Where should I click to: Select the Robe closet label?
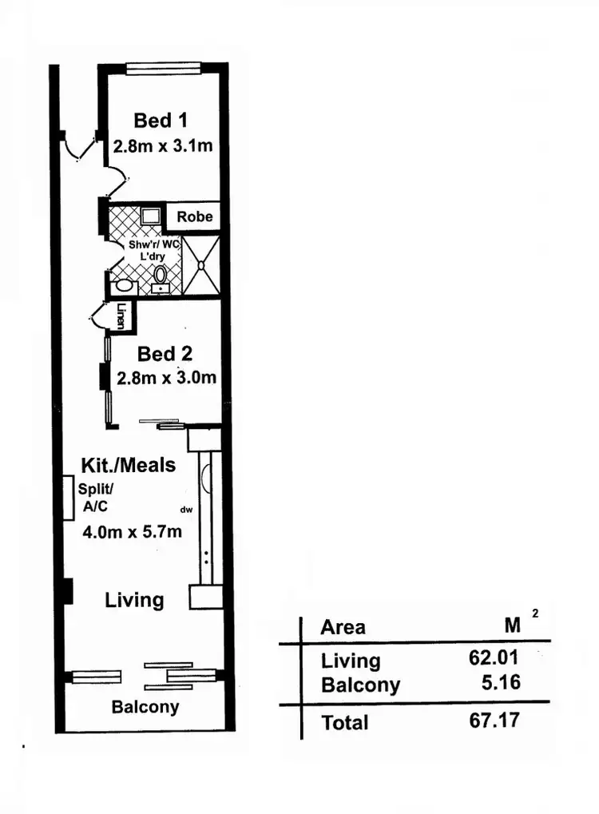[194, 216]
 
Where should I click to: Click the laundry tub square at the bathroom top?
[149, 214]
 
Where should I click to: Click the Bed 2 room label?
[165, 353]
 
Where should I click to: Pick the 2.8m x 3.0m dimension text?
[167, 378]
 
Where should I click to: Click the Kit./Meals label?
[128, 465]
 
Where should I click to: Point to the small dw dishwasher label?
[188, 509]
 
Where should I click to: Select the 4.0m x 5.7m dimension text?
[132, 531]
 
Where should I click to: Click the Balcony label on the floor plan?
[145, 707]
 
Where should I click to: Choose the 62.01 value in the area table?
[494, 659]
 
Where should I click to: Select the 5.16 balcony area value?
[501, 684]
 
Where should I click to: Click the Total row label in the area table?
[344, 723]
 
